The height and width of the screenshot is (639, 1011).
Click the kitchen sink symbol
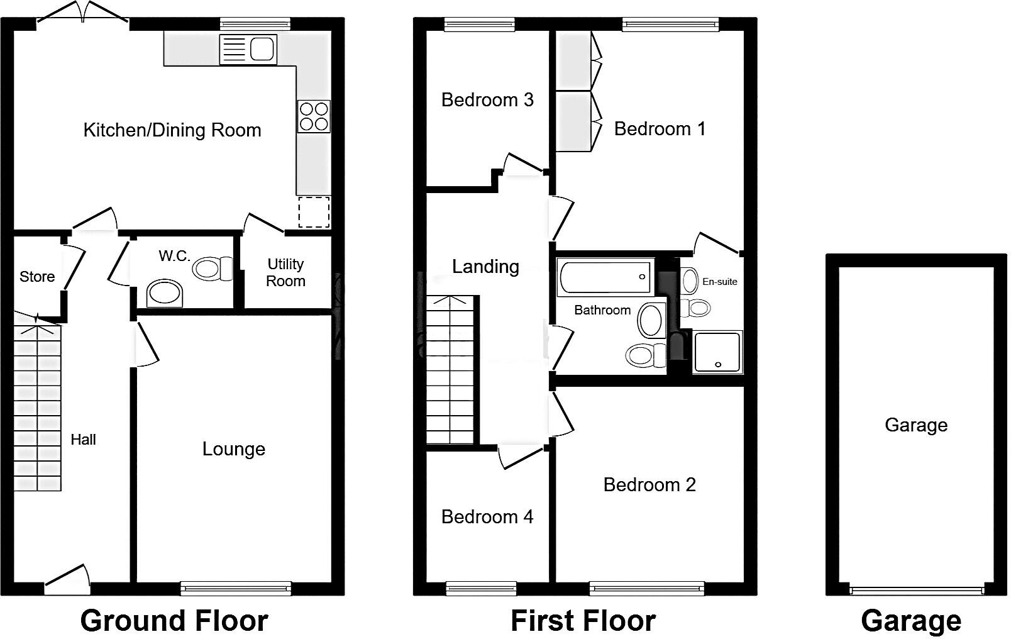(248, 49)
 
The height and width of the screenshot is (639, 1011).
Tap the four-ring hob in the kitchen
(314, 116)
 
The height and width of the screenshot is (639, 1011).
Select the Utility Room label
(285, 272)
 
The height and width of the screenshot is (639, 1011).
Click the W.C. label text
(174, 256)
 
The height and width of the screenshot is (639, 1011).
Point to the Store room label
(37, 277)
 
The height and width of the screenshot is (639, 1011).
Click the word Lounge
(233, 449)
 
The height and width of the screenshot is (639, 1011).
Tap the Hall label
(83, 440)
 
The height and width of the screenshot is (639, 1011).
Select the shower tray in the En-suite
(717, 352)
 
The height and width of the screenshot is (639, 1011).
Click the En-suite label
(719, 282)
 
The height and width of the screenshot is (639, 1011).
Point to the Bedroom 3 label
(487, 99)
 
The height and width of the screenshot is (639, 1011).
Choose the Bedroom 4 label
(487, 517)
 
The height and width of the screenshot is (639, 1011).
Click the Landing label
(485, 267)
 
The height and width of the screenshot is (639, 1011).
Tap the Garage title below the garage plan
(910, 621)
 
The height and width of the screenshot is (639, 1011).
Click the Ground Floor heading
(174, 621)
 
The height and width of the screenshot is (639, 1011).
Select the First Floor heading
(583, 621)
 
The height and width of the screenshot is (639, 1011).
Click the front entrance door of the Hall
(67, 582)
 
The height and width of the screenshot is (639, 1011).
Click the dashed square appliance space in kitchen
(314, 212)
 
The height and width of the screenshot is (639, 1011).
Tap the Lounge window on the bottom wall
(236, 588)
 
